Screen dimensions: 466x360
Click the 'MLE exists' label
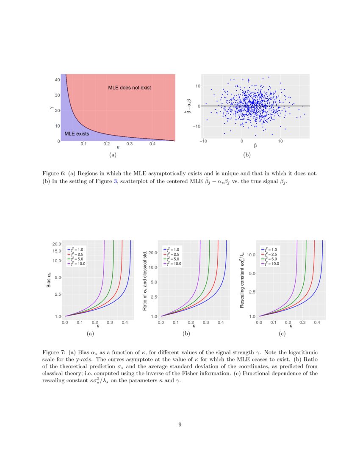77,134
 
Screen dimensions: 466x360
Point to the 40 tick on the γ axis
57,80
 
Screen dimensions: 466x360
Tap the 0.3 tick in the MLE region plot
129,144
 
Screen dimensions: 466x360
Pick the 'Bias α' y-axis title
49,281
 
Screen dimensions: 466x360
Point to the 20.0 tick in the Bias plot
57,244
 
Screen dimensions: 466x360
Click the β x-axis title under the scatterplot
256,146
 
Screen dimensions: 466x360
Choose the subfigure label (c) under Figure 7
282,334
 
